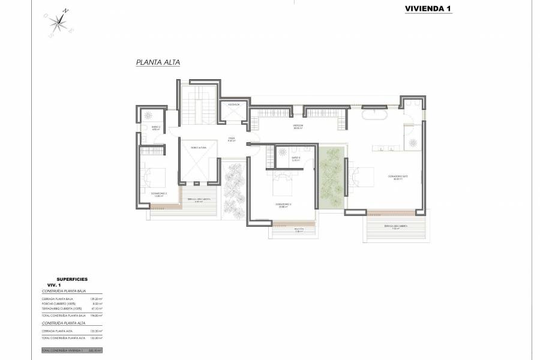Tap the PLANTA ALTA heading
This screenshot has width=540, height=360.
tap(158, 62)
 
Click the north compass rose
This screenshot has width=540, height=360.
tap(60, 22)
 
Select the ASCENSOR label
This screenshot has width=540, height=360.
tap(233, 104)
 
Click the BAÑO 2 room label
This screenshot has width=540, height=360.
tap(155, 127)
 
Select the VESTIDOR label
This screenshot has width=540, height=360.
tap(296, 126)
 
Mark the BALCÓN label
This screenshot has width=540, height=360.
tap(298, 229)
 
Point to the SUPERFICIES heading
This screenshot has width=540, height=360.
tap(71, 280)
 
